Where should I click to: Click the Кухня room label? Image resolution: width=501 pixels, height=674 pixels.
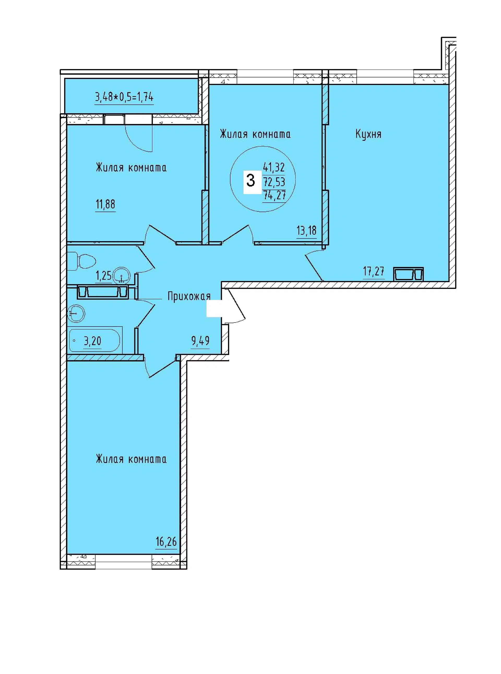[x=368, y=134]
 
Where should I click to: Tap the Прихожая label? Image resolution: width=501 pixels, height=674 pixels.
[x=189, y=296]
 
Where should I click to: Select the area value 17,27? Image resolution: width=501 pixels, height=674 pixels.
[x=374, y=271]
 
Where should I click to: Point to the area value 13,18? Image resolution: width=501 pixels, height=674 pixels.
[x=306, y=231]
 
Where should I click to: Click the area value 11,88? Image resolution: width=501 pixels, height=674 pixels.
[x=105, y=204]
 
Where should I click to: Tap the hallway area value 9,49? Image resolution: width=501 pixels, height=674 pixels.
[x=200, y=341]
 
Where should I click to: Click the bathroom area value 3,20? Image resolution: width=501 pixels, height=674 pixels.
[x=92, y=341]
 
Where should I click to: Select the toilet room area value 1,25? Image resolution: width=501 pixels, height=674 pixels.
[x=103, y=276]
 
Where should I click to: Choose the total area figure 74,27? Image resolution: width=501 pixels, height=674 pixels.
[x=274, y=195]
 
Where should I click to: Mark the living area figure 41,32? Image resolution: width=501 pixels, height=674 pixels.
[x=274, y=167]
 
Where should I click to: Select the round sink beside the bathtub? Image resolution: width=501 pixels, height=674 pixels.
[x=76, y=313]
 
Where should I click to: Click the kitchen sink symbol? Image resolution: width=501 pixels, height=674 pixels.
[x=409, y=274]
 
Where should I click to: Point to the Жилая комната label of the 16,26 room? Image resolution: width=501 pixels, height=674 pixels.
[x=131, y=459]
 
